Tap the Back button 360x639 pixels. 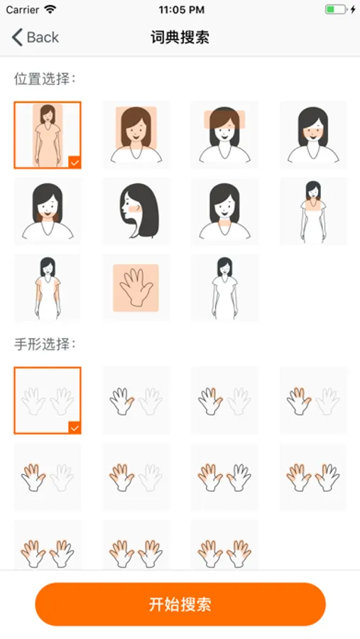click(x=35, y=37)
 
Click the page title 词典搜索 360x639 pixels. click(x=180, y=37)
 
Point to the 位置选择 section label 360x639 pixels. click(x=45, y=79)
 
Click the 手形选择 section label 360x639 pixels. click(x=45, y=344)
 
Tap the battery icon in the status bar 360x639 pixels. click(x=336, y=9)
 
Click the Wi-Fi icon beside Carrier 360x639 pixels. click(x=50, y=9)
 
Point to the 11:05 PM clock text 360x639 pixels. click(x=182, y=10)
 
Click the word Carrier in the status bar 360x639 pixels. click(x=23, y=10)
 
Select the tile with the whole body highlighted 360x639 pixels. click(x=48, y=135)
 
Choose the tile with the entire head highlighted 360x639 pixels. click(x=136, y=135)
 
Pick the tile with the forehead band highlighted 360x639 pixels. click(x=224, y=135)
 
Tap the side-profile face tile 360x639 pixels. click(x=136, y=211)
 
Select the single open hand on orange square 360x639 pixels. click(x=136, y=288)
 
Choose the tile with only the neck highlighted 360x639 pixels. click(x=224, y=211)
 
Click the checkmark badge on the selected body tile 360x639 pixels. click(x=75, y=162)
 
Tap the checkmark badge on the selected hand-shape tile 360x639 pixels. click(x=75, y=427)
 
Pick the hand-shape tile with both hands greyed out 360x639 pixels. click(x=48, y=400)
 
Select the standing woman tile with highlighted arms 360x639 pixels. click(x=48, y=288)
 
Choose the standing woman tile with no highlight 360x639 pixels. click(x=224, y=288)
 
